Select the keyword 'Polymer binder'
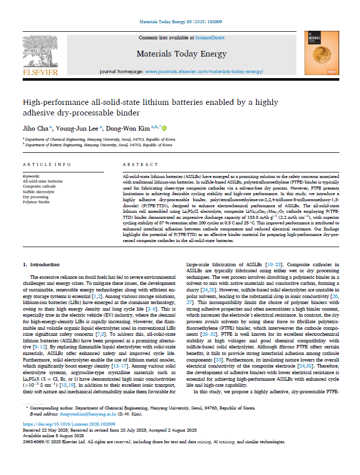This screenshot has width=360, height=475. [37, 202]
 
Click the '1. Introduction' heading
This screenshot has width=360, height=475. [42, 264]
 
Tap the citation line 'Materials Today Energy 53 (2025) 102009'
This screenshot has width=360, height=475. [180, 22]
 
